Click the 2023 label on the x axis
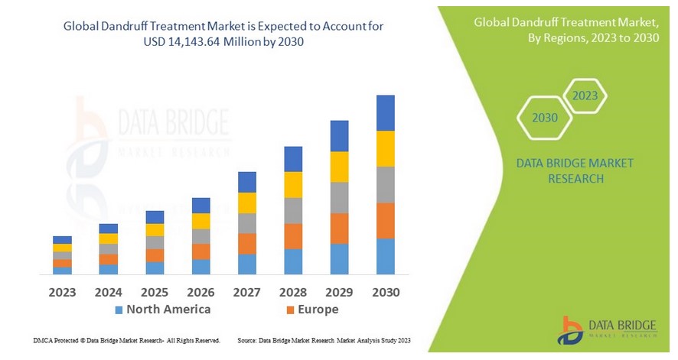point(62,292)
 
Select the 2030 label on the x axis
point(385,292)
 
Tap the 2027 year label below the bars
point(246,292)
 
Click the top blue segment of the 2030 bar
point(386,113)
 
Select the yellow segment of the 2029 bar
point(339,167)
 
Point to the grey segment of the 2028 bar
point(293,210)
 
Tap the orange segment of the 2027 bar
point(247,243)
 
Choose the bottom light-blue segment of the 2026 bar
point(200,266)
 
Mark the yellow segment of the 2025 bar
point(155,229)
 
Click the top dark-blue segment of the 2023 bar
point(62,240)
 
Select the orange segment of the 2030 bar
point(386,220)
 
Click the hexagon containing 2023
point(585,96)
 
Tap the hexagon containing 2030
point(544,118)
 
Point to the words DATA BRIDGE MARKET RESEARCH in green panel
point(564,171)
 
